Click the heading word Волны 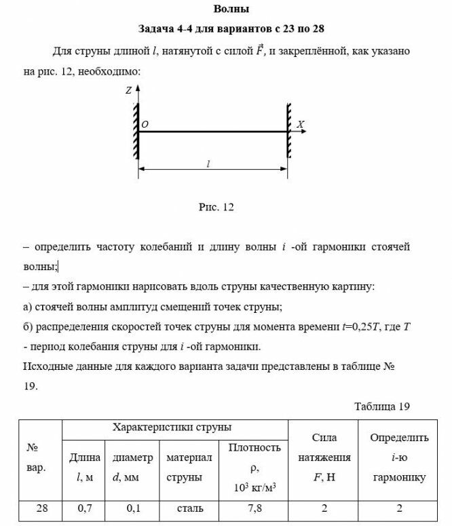pos(231,10)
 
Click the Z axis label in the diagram pos(128,90)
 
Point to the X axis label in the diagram pos(301,124)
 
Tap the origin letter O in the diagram pos(145,125)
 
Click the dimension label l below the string pos(208,164)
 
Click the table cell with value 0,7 pos(85,507)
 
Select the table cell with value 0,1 pos(133,507)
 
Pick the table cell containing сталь pos(189,507)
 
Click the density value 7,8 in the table pos(255,507)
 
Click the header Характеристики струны pos(172,428)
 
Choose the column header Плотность pos(255,448)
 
